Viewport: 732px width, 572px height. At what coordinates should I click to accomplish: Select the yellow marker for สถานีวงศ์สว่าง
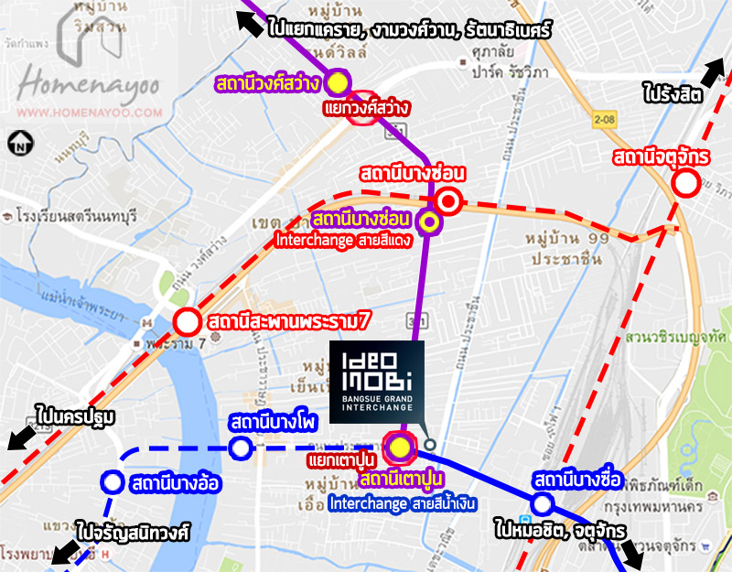point(339,82)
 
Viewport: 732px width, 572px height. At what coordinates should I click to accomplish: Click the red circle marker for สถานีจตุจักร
point(685,184)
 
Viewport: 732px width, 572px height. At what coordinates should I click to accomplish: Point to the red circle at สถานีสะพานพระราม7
point(187,322)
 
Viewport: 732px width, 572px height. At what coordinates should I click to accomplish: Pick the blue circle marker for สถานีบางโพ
point(241,448)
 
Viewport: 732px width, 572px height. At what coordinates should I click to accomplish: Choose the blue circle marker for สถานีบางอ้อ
point(112,481)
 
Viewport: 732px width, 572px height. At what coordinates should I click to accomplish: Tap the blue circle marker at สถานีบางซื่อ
point(542,503)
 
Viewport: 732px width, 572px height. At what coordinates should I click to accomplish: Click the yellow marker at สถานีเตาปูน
point(400,447)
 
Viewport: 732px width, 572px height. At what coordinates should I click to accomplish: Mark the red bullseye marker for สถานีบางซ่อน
point(447,200)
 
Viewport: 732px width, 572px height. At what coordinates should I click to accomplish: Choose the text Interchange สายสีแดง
point(344,241)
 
